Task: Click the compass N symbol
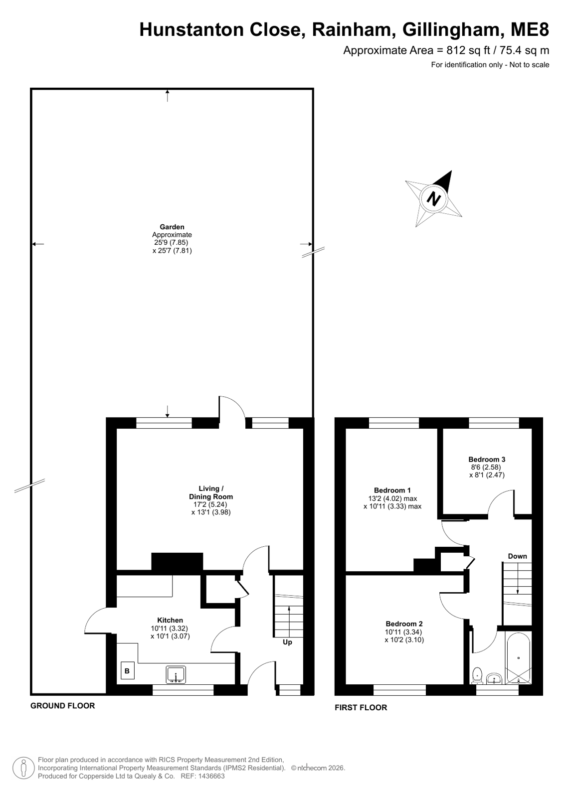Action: [433, 198]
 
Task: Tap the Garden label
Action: [172, 227]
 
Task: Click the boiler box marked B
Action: [127, 670]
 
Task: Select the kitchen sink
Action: [176, 674]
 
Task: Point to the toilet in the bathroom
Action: [477, 676]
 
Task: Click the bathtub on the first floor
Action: [518, 658]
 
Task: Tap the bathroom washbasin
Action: [494, 678]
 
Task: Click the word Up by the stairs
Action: [287, 642]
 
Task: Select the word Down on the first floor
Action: [517, 556]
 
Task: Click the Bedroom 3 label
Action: [487, 460]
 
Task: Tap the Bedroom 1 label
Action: [392, 490]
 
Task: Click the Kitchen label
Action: [170, 620]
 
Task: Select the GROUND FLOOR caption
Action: [63, 706]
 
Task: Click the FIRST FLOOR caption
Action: [361, 707]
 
